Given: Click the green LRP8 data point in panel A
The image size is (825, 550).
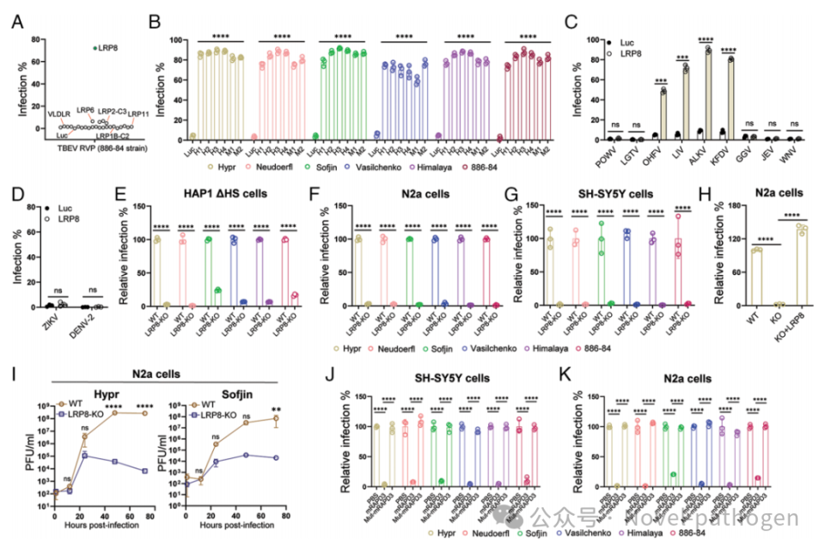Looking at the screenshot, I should (95, 48).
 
